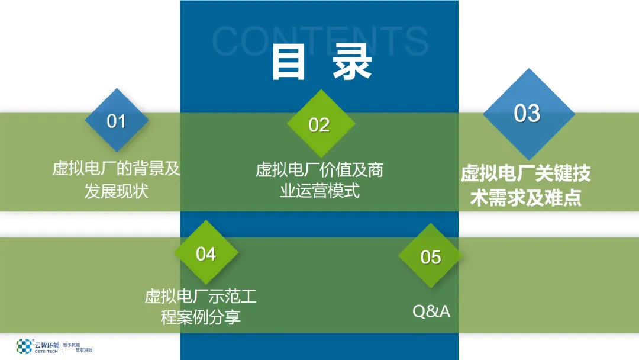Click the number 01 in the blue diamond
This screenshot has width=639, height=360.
click(117, 121)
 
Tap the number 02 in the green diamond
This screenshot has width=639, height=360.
click(319, 125)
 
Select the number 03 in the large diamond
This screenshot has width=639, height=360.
click(527, 113)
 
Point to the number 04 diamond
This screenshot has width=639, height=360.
click(206, 253)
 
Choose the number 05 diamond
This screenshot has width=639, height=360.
click(431, 257)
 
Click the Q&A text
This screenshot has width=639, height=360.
click(431, 311)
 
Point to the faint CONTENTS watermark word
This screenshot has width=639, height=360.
click(319, 40)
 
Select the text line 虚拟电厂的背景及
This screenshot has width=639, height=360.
click(116, 169)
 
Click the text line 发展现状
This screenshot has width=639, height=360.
click(116, 191)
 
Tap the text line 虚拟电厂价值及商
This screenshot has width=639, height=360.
click(319, 170)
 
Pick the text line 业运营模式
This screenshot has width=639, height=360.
click(319, 191)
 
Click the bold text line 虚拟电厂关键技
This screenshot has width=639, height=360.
click(526, 173)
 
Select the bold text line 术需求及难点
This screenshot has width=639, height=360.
click(526, 197)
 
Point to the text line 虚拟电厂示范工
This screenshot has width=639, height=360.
click(201, 295)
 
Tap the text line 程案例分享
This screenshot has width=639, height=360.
click(201, 317)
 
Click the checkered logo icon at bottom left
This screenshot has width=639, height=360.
click(24, 346)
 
